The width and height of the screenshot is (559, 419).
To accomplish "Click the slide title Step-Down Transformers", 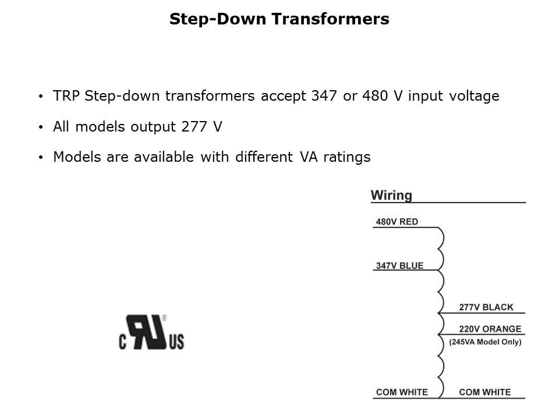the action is point(279,19).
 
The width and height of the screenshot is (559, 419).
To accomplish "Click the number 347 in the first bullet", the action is point(324,96).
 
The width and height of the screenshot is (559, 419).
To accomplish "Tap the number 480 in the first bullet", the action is point(374,96).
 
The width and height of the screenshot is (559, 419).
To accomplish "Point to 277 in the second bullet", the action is point(194,126).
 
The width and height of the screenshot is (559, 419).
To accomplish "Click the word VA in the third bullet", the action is point(309,157).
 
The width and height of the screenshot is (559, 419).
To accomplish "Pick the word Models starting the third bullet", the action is point(77,157).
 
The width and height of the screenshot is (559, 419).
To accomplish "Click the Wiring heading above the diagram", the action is point(391,196).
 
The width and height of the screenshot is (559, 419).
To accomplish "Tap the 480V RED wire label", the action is point(397,222).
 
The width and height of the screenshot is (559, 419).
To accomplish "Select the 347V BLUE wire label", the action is point(399,265).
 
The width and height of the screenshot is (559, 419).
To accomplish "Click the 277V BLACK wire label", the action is point(486,307).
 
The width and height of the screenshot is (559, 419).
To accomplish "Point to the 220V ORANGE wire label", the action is point(490,328).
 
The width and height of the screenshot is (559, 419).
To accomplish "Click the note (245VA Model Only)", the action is point(485,342).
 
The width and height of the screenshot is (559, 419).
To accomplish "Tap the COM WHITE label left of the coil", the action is point(402,392).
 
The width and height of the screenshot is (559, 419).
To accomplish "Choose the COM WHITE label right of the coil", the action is point(485,392).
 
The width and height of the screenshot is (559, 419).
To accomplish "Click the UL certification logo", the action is point(151,332).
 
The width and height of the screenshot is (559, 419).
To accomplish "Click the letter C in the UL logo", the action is point(123,342).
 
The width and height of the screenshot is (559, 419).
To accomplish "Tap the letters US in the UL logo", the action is point(176,342).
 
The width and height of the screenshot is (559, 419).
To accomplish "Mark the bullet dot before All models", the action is point(41,127).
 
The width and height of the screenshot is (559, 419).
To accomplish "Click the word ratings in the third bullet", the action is point(347,157).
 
